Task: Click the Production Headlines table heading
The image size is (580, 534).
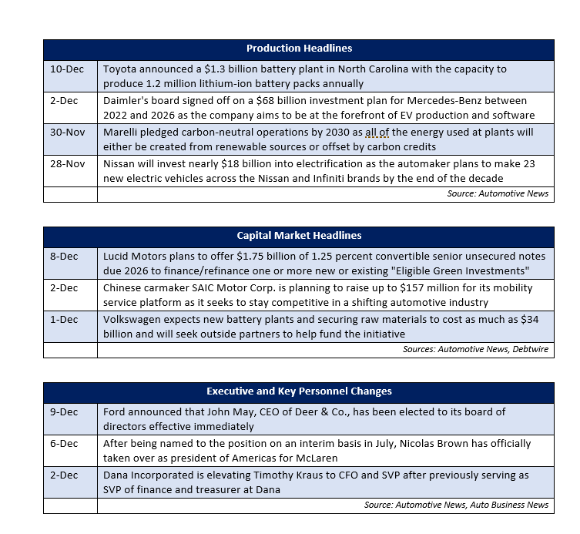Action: [299, 49]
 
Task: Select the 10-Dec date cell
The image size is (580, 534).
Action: [67, 69]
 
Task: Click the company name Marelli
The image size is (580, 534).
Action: [122, 133]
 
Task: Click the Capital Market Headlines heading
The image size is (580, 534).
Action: [299, 235]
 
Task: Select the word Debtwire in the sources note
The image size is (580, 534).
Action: [529, 350]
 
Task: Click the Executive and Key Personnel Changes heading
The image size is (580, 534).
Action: [299, 391]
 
